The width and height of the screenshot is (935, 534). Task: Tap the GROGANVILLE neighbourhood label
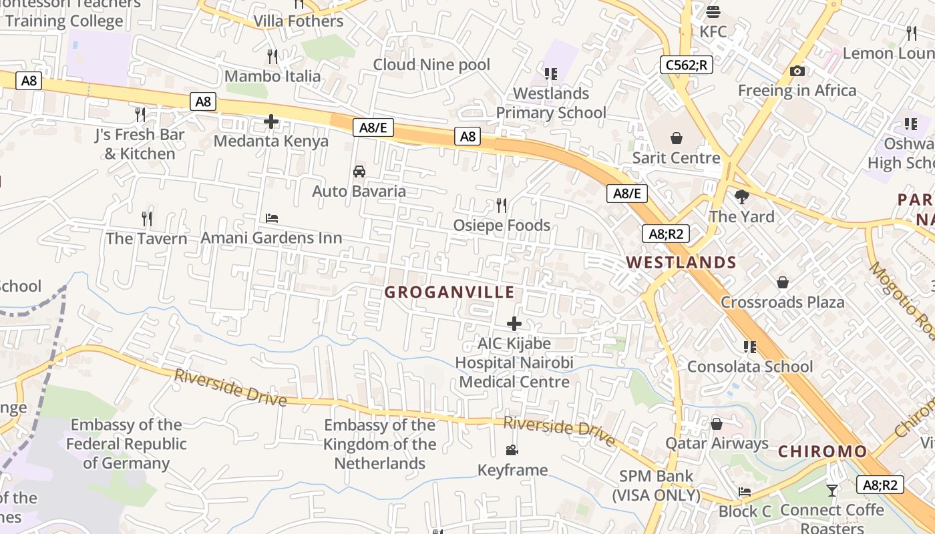[x=449, y=292]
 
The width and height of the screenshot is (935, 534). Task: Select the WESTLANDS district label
[x=681, y=262]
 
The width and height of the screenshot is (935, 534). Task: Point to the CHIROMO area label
[x=822, y=451]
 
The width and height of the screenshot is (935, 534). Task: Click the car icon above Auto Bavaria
[x=359, y=172]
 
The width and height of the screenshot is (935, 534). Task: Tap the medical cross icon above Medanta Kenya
[x=271, y=121]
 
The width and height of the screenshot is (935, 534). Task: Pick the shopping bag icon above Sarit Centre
[x=677, y=138]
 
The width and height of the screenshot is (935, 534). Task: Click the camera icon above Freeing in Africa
[x=797, y=71]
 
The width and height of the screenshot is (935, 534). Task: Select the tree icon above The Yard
[x=741, y=196]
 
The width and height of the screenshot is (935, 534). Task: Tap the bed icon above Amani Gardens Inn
[x=272, y=218]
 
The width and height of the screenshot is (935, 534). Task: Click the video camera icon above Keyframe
[x=512, y=450]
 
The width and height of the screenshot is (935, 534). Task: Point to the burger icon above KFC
[x=713, y=12]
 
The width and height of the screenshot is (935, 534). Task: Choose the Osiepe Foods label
[x=502, y=226]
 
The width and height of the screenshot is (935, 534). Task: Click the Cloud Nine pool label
[x=431, y=65]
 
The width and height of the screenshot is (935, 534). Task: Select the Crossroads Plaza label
[x=782, y=302]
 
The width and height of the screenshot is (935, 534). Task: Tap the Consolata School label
[x=750, y=366]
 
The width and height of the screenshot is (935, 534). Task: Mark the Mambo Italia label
[x=272, y=76]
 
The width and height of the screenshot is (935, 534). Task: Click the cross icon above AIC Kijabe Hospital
[x=514, y=324]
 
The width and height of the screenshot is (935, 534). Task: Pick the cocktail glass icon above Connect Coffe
[x=831, y=491]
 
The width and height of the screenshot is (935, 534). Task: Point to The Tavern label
[x=146, y=238]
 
